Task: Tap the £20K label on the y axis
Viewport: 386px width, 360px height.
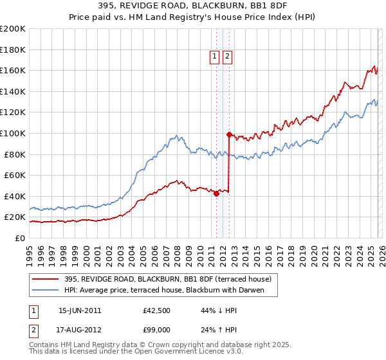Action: click(15, 217)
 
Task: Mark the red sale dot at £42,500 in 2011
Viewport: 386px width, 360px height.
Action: click(216, 194)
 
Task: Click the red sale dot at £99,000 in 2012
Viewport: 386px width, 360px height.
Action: click(229, 134)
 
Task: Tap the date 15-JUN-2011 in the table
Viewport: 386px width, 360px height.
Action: click(80, 310)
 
